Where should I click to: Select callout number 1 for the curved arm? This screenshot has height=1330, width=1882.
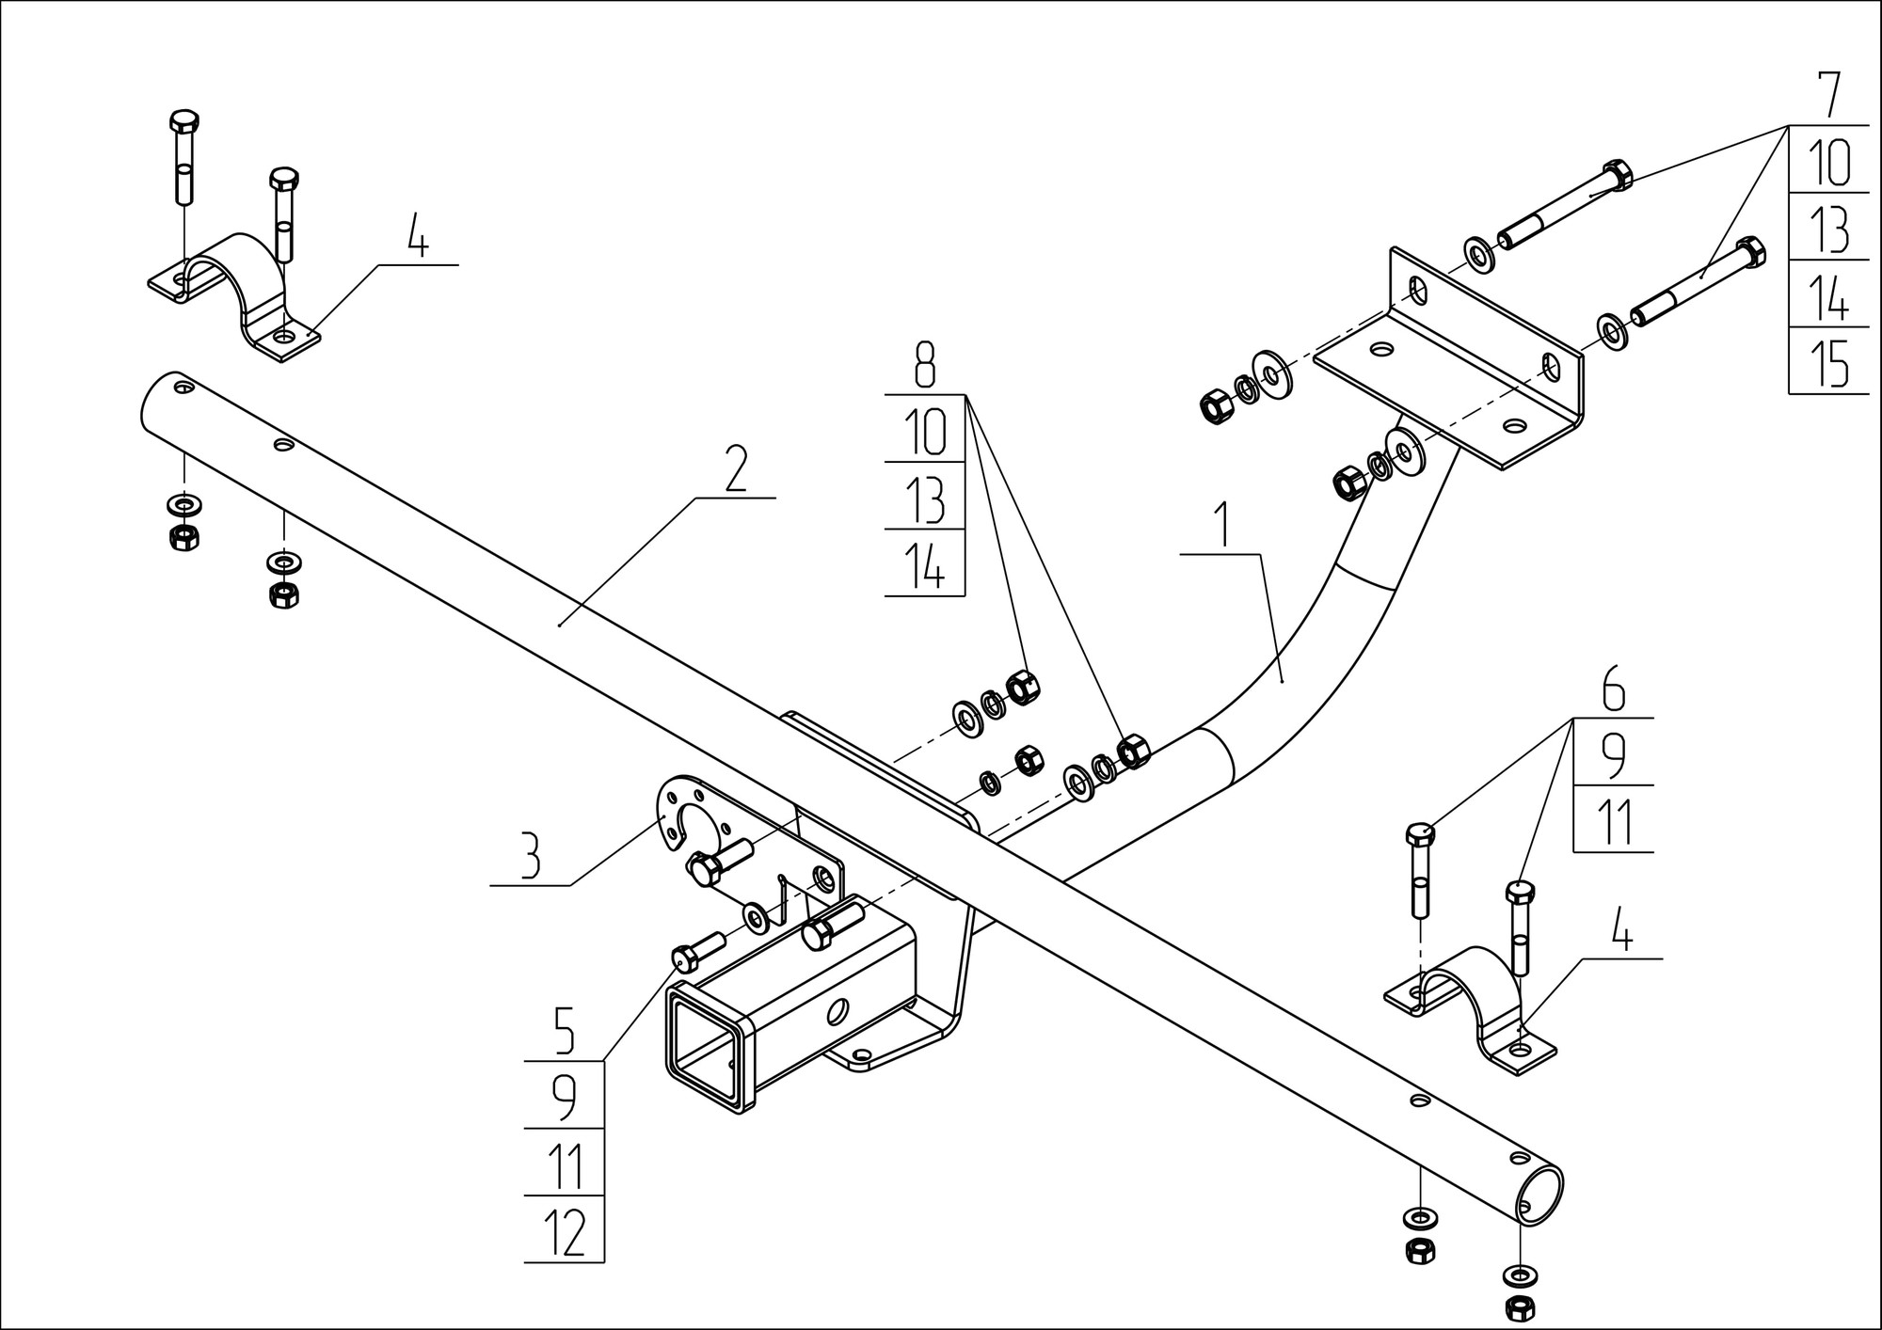(x=1222, y=526)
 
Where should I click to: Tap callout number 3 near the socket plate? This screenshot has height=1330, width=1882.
(x=531, y=856)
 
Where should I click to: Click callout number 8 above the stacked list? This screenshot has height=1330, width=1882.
(x=925, y=365)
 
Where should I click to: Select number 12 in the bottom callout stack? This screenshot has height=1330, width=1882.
(x=565, y=1231)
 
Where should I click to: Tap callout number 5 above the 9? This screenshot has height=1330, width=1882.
(x=564, y=1031)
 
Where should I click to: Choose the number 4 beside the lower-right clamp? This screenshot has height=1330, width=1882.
(x=1619, y=929)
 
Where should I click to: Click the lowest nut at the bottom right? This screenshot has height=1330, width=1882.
(x=1521, y=1306)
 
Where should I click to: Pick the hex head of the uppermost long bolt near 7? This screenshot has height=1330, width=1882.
(x=1617, y=175)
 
